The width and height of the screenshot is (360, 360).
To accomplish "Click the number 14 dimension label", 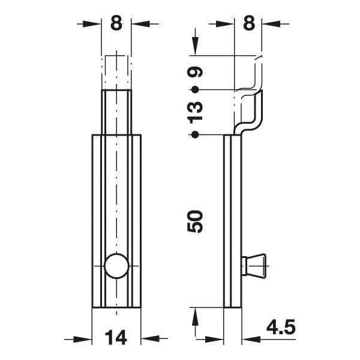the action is coord(116,337).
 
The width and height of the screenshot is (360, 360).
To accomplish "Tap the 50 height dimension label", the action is coord(195,221).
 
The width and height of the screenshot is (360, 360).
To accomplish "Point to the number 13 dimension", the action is coord(195,112).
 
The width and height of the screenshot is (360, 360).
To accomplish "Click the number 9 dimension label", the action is coord(195,72).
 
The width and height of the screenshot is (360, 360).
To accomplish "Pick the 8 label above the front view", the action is coord(116,23).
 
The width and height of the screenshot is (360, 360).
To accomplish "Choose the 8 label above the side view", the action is coord(249,23).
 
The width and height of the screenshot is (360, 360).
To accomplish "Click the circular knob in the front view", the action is coord(116,266).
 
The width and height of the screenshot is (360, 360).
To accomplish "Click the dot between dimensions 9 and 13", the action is coord(195,89).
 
